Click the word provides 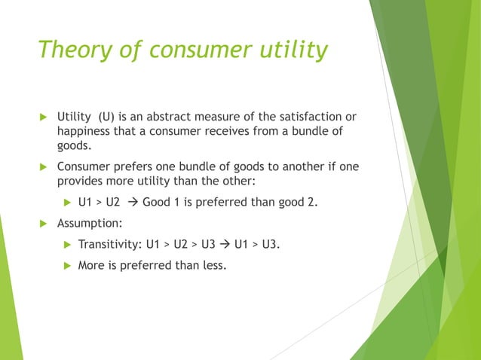coord(81,181)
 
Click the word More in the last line coord(91,265)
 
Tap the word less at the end coord(212,265)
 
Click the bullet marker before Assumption coord(43,224)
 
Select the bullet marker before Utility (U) coord(43,117)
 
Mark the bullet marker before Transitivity coord(65,245)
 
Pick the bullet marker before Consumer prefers coord(43,166)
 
